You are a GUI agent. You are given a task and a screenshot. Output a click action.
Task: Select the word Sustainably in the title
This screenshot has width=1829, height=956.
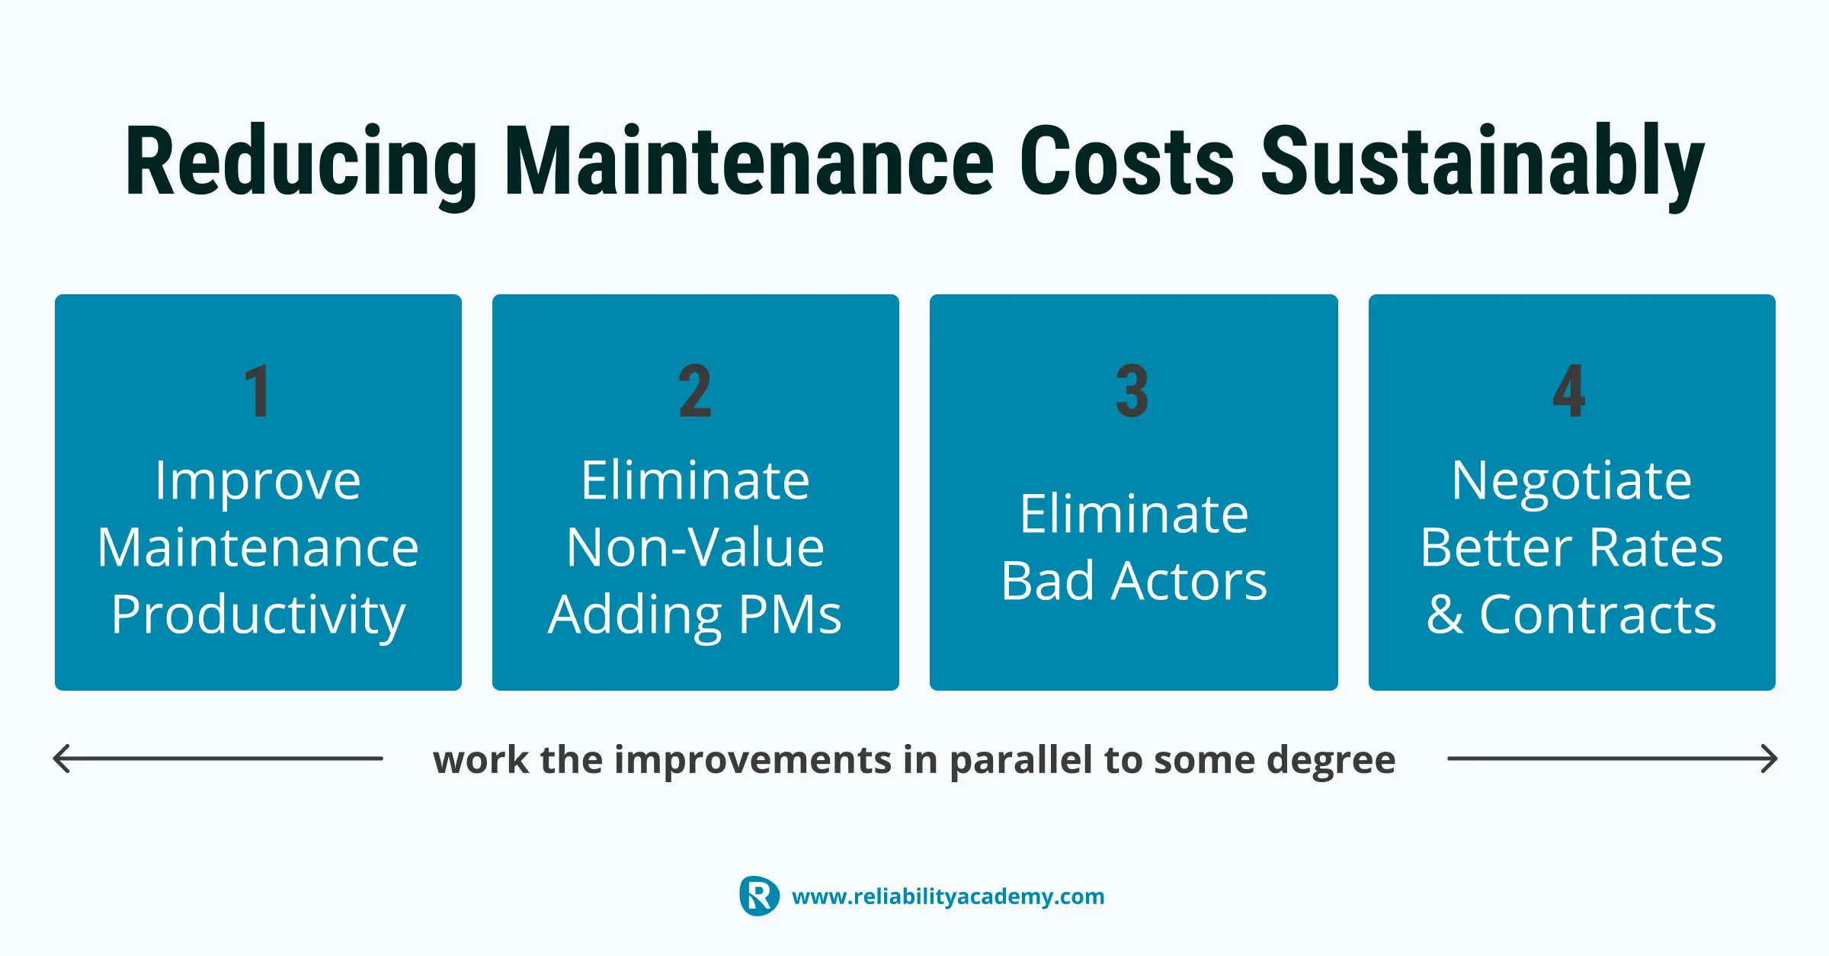tap(1483, 164)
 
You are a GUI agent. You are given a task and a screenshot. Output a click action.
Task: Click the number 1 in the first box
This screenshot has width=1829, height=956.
tap(258, 391)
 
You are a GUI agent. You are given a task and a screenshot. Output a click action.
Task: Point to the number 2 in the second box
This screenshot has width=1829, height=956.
tap(695, 391)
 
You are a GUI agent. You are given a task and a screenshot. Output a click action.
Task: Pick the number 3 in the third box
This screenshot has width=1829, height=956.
tap(1132, 391)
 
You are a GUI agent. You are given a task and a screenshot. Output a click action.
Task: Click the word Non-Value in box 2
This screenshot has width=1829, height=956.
tap(695, 547)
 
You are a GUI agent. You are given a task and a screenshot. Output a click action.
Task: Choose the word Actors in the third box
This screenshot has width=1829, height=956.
tap(1189, 581)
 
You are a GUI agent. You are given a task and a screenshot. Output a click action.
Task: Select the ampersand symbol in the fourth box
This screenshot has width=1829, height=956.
tap(1445, 614)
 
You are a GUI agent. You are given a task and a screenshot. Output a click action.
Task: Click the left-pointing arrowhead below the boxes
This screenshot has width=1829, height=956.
tap(62, 759)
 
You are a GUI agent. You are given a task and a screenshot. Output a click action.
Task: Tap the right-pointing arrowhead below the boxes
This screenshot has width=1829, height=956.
tap(1768, 759)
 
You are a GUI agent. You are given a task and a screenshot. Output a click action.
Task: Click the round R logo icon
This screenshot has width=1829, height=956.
tap(759, 896)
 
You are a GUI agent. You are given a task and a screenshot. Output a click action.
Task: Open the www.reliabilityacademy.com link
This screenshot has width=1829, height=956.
tap(948, 897)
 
